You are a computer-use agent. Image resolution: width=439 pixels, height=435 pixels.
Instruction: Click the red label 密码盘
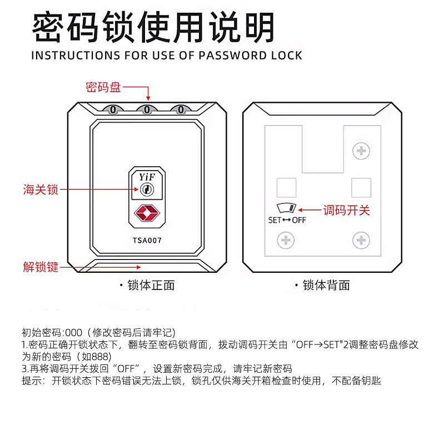103,87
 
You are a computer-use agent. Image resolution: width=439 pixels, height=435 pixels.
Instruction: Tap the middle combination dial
147,109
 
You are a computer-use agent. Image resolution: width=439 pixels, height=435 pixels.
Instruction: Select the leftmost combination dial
113,109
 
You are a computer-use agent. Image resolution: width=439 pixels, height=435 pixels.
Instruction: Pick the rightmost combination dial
181,109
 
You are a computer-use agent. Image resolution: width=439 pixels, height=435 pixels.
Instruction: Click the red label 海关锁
41,189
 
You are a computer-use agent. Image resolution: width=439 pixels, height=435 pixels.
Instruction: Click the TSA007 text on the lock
147,241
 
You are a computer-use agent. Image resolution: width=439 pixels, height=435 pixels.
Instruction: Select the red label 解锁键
41,267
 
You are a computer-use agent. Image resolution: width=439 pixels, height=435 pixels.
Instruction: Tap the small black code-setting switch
288,209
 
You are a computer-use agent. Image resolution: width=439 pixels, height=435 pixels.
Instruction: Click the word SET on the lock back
275,220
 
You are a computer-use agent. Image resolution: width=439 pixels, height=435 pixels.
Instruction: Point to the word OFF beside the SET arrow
299,220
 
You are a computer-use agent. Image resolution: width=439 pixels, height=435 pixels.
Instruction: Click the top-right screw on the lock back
361,150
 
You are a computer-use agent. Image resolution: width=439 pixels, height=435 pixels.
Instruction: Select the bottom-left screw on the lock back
286,241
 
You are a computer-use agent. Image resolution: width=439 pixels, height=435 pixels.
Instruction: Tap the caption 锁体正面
151,286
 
